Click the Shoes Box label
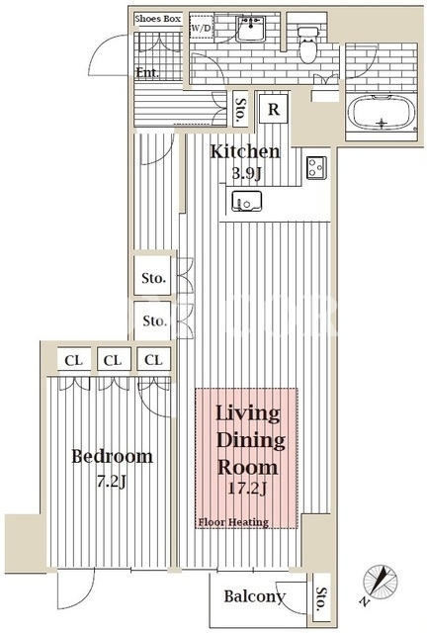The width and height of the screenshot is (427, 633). coord(157,19)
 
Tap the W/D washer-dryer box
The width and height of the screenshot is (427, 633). coord(201,28)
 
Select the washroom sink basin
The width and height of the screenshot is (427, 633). coord(250,29)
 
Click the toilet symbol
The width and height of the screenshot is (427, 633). coord(308,45)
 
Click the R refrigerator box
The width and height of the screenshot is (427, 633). coord(274,109)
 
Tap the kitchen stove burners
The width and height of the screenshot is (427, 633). coord(317,167)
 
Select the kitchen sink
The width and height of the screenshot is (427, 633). coord(246,201)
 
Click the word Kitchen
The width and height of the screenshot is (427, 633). coord(245,151)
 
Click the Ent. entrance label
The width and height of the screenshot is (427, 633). coord(147,72)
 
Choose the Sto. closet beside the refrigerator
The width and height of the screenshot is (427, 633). coord(241,110)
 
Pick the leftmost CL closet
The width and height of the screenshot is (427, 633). coord(73,360)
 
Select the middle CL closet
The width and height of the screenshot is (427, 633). coord(113,360)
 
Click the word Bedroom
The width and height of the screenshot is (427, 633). coord(113,456)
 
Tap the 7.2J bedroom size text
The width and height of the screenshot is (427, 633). coord(112,481)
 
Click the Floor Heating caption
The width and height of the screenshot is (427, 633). coord(233,522)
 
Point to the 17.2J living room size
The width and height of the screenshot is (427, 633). coord(247,489)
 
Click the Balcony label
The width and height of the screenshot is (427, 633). coord(255,596)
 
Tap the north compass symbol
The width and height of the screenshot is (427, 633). coord(379,582)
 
